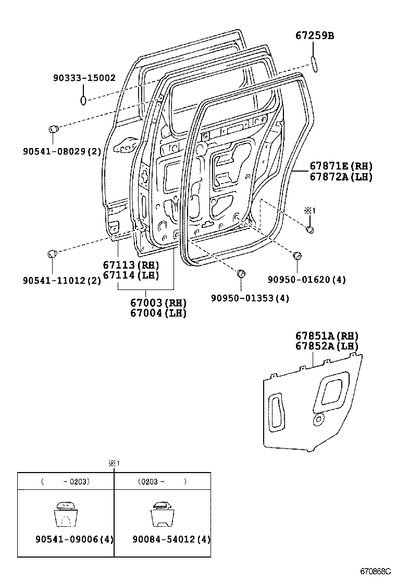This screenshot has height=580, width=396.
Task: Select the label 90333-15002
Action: coord(84,78)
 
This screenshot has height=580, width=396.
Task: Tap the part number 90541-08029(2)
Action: coord(61,151)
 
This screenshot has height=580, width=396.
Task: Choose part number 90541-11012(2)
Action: coord(61,280)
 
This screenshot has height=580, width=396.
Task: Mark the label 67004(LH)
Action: coord(158,313)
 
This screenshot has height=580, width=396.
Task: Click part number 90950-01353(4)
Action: coord(250,298)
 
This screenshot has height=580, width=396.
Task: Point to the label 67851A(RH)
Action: coord(327,336)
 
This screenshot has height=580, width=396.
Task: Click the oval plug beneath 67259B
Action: coord(314,63)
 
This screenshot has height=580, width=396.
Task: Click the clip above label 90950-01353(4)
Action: coord(241,274)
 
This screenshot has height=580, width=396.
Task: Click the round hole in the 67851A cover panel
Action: coord(317,419)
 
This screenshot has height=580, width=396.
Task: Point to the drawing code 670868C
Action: coord(376,572)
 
